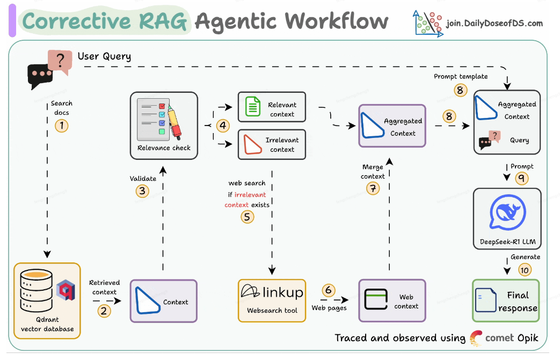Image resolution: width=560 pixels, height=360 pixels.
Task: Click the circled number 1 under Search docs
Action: [62, 126]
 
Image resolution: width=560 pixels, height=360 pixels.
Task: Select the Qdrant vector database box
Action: [47, 300]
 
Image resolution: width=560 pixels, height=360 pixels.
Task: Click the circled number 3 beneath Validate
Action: [142, 190]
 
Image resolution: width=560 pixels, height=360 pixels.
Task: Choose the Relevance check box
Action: [164, 125]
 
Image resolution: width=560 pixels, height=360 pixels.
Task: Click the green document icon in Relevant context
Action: [252, 107]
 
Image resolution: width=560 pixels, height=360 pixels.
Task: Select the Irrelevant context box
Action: [272, 144]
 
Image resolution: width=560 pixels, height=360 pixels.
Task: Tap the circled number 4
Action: [223, 126]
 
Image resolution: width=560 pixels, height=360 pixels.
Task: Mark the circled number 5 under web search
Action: [247, 216]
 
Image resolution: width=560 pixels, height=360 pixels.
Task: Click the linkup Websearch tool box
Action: [272, 300]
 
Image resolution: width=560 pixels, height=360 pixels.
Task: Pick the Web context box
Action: [392, 300]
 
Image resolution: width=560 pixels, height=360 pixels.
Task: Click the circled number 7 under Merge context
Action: [372, 188]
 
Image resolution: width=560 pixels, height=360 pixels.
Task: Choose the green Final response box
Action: [505, 300]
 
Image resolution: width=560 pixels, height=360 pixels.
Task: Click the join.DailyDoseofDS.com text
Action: [494, 24]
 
